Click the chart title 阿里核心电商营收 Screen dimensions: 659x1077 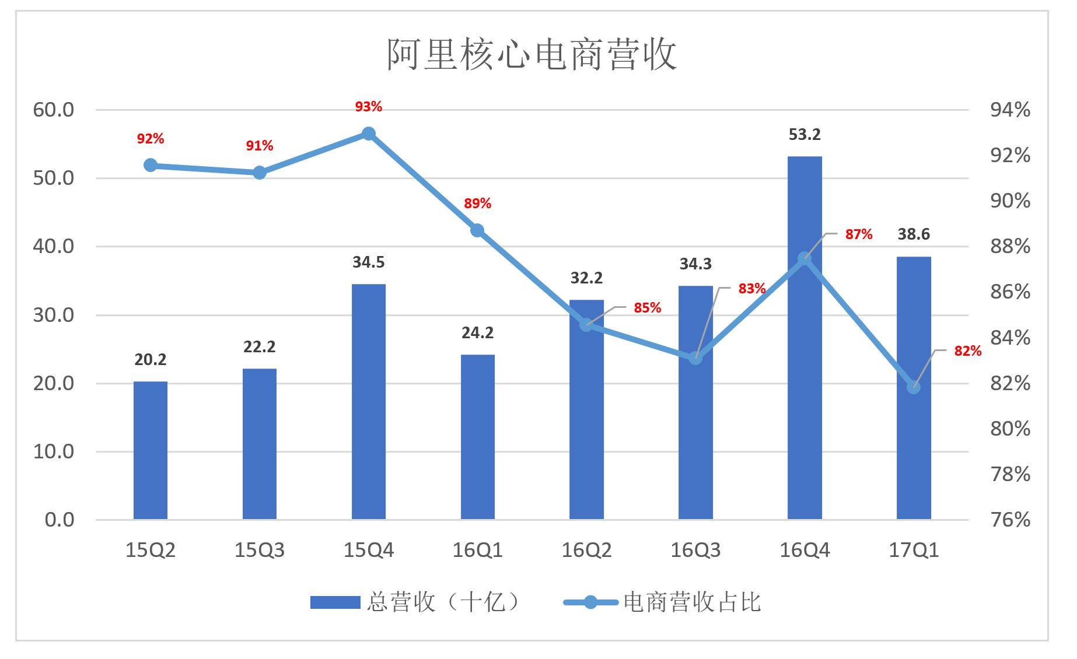coord(531,55)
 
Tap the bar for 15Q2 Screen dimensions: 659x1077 coord(151,450)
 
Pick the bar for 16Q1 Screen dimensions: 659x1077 coord(477,437)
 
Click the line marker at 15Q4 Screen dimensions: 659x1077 coord(368,134)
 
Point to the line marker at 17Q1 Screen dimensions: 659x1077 coord(914,387)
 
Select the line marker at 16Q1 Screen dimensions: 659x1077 coord(477,230)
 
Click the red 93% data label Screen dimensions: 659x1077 coord(368,107)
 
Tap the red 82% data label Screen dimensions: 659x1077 coord(967,351)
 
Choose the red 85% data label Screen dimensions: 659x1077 coord(647,307)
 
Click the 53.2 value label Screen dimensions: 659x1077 coord(805,135)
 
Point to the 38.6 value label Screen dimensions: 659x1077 coord(914,234)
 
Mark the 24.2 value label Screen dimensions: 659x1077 coord(477,333)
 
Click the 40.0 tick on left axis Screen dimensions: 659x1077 coord(54,246)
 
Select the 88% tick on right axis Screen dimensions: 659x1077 coord(1010,246)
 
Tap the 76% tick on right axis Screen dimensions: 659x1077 coord(1010,519)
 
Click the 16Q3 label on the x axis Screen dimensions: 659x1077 coord(695,550)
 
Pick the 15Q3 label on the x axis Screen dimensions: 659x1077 coord(259,550)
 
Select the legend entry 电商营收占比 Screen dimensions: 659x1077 coord(663,602)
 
